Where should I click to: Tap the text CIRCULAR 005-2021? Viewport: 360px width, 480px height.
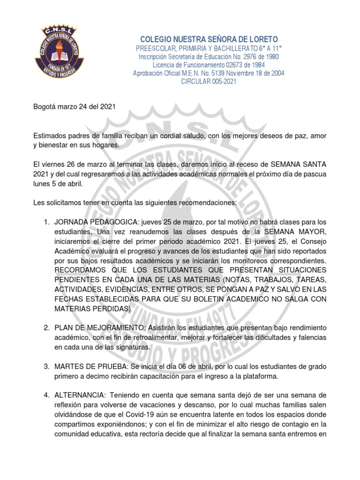(x=209, y=82)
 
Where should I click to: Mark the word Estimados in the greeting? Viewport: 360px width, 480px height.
(x=50, y=135)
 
